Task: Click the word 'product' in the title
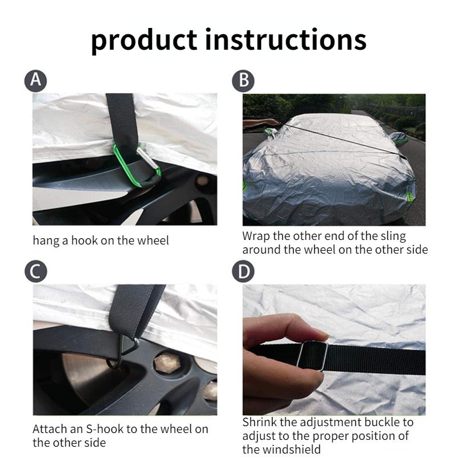(x=145, y=41)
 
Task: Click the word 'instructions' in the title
(x=286, y=39)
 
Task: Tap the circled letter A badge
(x=35, y=81)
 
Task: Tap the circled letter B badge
(x=243, y=81)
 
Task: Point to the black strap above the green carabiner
(x=122, y=119)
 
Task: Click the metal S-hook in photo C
(x=122, y=351)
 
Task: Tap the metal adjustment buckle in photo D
(x=312, y=355)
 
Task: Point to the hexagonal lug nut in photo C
(x=167, y=363)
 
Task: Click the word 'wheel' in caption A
(x=153, y=240)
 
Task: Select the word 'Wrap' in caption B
(x=256, y=236)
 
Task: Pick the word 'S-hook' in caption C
(x=104, y=429)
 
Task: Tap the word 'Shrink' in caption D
(x=259, y=422)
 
